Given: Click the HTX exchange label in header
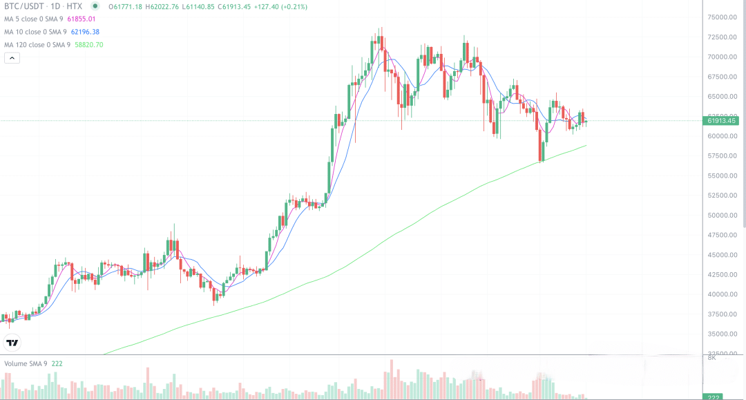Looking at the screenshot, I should (x=74, y=6).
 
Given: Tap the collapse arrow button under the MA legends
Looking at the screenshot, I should (x=12, y=58).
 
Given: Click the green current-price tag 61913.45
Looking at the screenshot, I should (x=720, y=121).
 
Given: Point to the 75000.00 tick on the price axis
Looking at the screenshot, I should (x=723, y=17).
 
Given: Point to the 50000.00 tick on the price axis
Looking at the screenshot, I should (x=723, y=216).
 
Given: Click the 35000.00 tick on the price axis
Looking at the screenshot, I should (x=723, y=334).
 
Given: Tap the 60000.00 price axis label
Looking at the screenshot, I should (x=723, y=136).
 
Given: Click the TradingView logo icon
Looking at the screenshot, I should (x=12, y=342).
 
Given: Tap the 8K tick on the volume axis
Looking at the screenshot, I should (x=711, y=358).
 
